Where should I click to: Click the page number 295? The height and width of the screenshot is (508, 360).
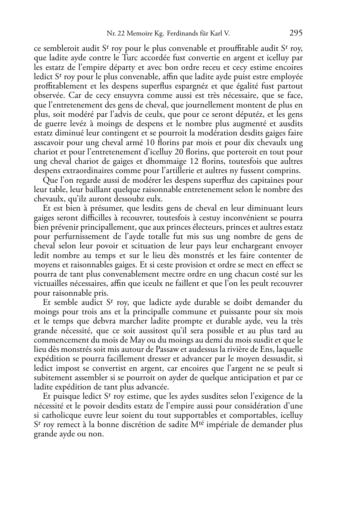point(296,33)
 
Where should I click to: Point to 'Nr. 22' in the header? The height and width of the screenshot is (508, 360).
point(114,34)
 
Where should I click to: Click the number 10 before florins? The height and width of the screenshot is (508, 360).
point(147,143)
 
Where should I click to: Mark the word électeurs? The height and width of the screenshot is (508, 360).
point(203,227)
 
